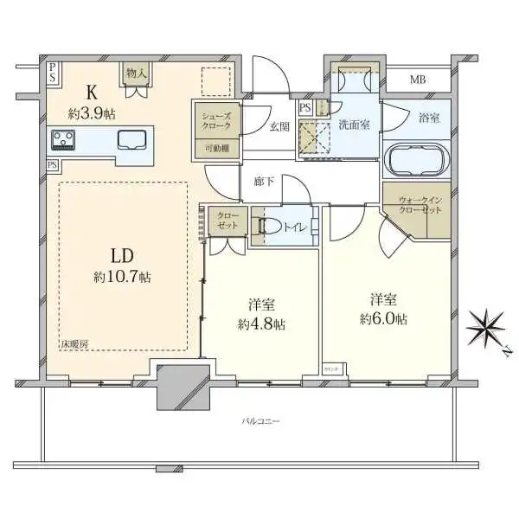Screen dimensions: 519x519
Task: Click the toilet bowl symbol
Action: click(269, 227)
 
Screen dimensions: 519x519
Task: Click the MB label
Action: click(418, 80)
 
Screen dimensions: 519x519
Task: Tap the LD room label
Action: click(120, 256)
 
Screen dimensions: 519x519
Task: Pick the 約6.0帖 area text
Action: click(386, 318)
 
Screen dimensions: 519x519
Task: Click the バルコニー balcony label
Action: click(260, 421)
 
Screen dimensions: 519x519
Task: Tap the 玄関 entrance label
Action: click(279, 125)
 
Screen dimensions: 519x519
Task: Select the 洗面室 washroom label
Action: click(354, 124)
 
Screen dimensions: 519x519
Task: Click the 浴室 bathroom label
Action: click(429, 118)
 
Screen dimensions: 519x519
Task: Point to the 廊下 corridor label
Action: click(265, 182)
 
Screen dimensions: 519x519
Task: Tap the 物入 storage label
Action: click(137, 74)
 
